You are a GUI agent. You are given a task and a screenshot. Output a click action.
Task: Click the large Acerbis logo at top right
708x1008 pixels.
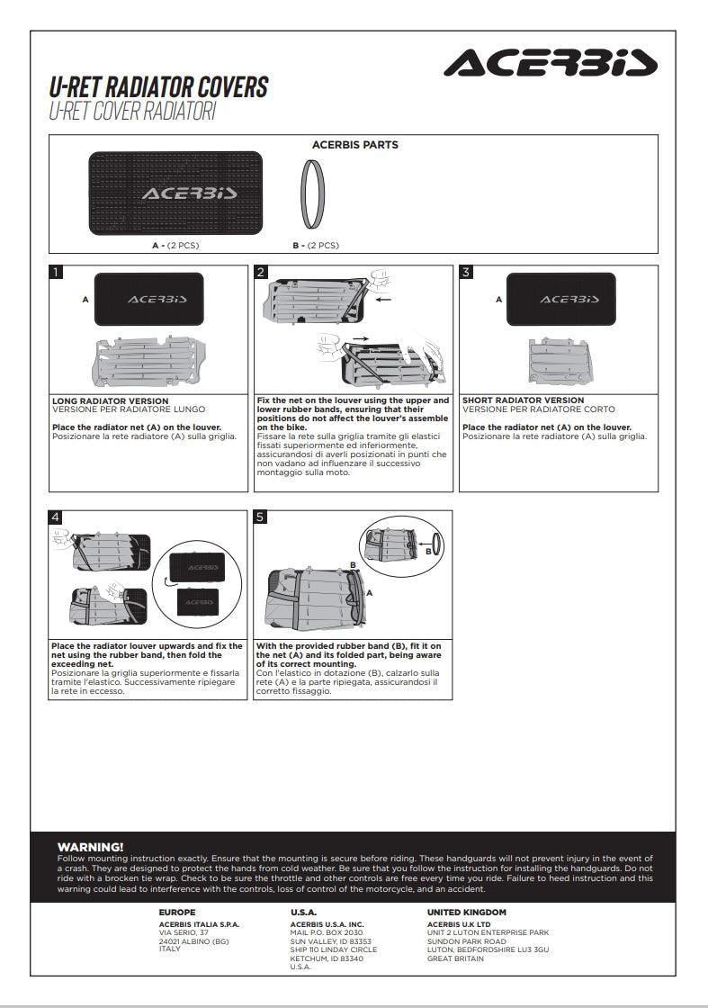click(551, 64)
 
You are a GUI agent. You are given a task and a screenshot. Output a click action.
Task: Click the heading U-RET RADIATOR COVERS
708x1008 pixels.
click(158, 87)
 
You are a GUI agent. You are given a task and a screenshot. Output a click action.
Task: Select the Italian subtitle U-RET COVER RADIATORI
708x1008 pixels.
click(132, 112)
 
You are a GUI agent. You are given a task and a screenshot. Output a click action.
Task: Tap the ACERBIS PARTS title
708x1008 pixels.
click(354, 145)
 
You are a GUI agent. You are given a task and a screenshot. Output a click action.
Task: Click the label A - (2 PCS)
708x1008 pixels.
click(175, 245)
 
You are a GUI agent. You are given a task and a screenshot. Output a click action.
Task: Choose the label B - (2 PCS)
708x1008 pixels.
click(316, 245)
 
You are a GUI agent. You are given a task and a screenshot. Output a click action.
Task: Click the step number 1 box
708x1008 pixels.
click(56, 272)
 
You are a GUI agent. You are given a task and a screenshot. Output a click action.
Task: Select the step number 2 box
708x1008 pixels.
click(261, 272)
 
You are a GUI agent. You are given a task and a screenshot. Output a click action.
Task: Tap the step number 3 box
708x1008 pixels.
click(466, 272)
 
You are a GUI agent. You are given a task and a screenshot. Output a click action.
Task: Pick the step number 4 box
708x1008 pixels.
click(56, 517)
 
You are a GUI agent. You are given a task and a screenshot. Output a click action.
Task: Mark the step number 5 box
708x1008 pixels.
click(261, 517)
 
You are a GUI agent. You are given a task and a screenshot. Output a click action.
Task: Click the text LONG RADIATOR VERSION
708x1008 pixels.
click(110, 400)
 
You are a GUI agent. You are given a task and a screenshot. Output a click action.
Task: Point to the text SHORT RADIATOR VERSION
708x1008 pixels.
click(523, 400)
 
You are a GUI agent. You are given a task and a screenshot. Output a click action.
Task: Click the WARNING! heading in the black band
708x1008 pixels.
click(90, 847)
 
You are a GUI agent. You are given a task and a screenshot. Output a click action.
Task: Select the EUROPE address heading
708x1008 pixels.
click(176, 913)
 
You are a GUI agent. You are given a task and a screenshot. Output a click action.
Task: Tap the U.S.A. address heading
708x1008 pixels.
click(303, 913)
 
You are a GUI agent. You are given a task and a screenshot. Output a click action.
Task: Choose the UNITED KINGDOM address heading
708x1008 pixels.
click(466, 913)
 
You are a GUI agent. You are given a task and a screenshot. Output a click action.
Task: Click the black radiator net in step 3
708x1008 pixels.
click(560, 299)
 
